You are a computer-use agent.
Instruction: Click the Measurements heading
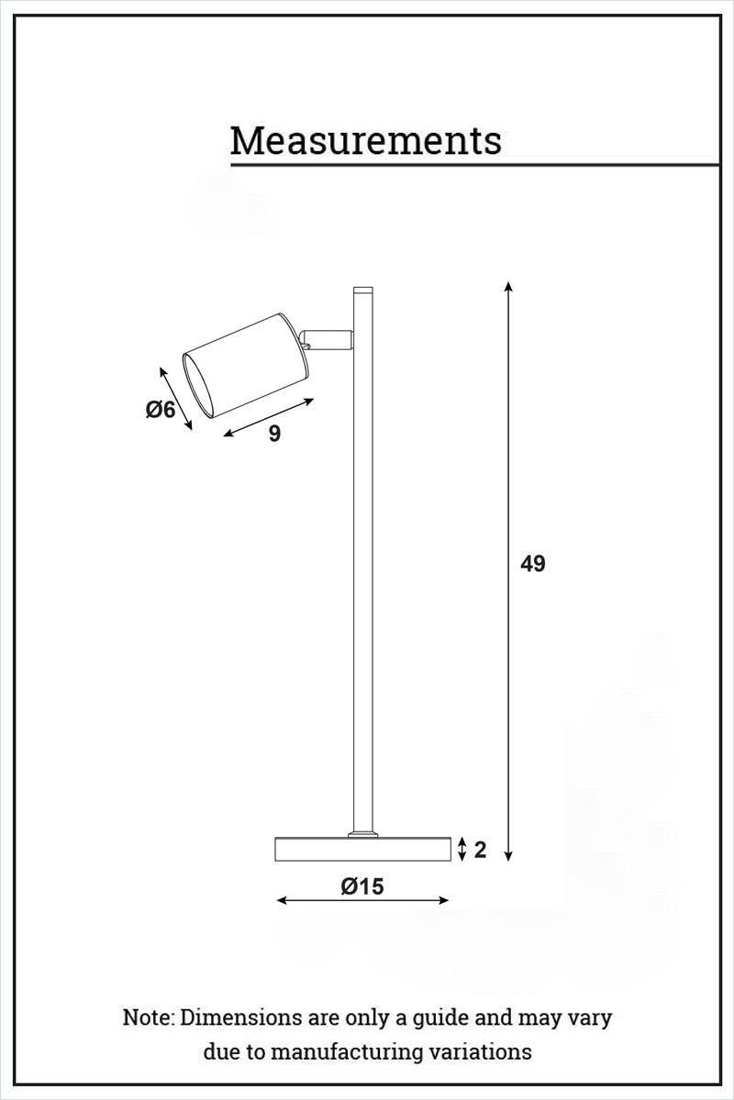(x=365, y=141)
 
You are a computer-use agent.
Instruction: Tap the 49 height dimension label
(x=532, y=565)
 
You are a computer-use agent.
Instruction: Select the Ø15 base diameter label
(x=361, y=886)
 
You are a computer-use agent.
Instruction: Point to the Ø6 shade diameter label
(x=161, y=410)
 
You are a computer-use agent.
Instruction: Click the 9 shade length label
(x=274, y=434)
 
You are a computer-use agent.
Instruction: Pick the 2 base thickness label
(x=480, y=850)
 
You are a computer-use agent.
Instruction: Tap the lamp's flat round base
(x=363, y=849)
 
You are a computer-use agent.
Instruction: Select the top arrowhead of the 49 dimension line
(x=508, y=287)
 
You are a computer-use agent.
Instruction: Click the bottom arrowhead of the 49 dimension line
(x=508, y=857)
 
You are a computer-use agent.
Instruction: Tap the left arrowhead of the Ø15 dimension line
(x=282, y=901)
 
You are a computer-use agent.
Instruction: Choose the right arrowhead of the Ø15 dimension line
(x=445, y=901)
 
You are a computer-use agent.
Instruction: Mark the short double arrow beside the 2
(x=462, y=849)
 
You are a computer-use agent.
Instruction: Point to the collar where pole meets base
(x=363, y=834)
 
